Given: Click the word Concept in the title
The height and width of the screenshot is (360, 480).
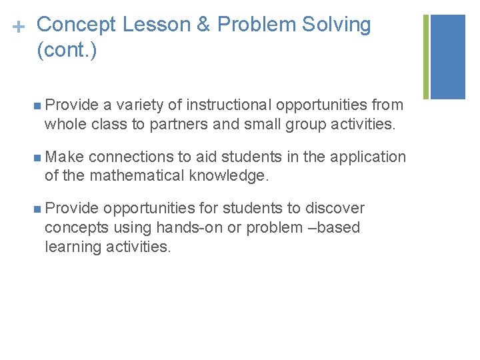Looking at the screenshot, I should (x=78, y=25).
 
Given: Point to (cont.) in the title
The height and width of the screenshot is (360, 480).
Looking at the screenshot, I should (x=67, y=51).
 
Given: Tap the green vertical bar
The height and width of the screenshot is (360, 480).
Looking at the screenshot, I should (x=426, y=57).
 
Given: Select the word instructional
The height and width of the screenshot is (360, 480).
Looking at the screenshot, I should (x=229, y=105).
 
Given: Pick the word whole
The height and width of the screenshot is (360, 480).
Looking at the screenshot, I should (x=63, y=123).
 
